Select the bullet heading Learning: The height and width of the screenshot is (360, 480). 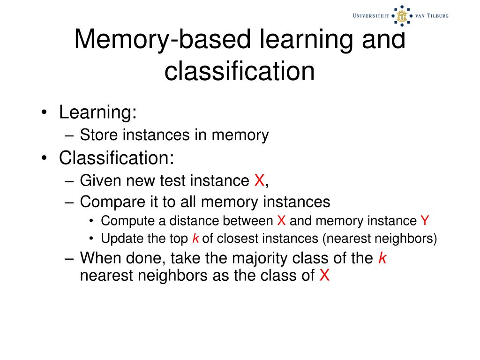point(97,112)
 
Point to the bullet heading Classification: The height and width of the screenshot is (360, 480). point(116,158)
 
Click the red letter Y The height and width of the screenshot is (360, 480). point(425,221)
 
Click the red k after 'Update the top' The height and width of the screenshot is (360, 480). point(195,239)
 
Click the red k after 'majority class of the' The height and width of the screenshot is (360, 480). point(382,258)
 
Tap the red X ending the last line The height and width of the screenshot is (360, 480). point(324,276)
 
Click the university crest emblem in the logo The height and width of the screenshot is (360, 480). point(401,16)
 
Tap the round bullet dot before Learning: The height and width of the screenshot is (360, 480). point(45,113)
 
